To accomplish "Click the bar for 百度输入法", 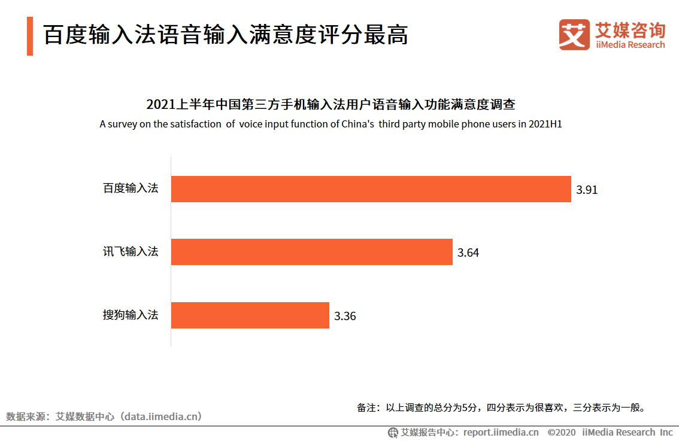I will pos(371,189).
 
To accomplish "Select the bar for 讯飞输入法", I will pos(311,252).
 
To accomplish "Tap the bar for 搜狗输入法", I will pos(250,315).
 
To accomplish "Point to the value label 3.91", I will pos(587,190).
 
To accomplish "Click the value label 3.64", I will pos(468,253).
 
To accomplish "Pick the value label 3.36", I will pos(345,317).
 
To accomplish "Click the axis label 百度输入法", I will pos(131,188).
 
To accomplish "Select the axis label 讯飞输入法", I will pos(131,251).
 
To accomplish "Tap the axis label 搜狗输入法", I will pos(131,315).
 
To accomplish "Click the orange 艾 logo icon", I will pos(574,35).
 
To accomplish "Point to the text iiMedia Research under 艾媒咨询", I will pos(630,45).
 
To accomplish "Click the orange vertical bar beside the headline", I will pos(30,36).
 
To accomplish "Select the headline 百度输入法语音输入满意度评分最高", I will pos(226,35).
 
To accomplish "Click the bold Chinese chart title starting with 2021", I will pos(331,105).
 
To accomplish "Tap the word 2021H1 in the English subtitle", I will pos(545,124).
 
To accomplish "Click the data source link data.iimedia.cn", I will pos(161,416).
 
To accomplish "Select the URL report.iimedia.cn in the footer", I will pos(501,432).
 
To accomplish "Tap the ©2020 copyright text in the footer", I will pos(561,432).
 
